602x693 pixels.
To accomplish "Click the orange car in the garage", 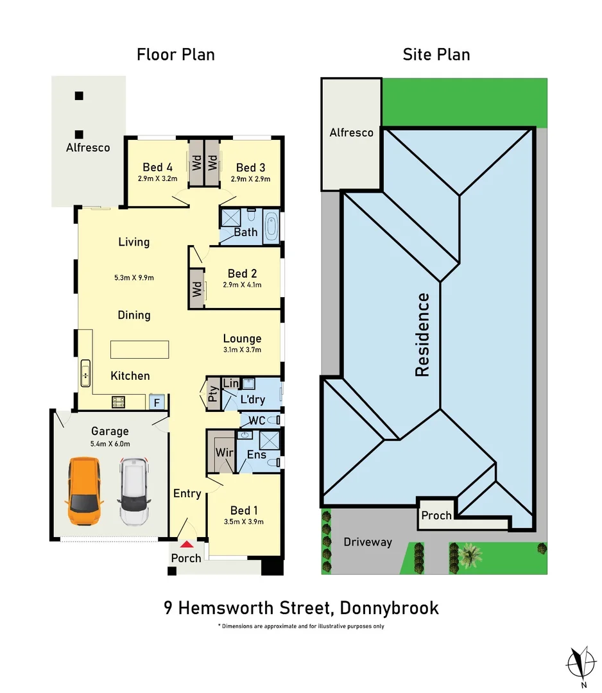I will coord(85,492).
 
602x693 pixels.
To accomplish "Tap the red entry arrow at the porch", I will coord(186,544).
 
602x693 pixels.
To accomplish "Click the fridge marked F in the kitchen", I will coord(155,402).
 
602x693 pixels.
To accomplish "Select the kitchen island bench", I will coord(140,350).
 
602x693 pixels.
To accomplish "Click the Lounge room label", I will coord(242,339).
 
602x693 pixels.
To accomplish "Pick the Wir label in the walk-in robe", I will coord(224,453).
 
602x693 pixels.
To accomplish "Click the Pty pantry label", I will coord(212,393).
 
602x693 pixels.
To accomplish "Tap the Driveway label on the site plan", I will coord(368,542).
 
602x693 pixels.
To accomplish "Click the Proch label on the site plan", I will coord(436,515).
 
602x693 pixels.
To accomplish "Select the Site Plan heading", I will coord(436,55).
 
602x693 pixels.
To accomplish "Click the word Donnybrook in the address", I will coord(390,608).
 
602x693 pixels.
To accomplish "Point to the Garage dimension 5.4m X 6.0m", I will coord(110,444).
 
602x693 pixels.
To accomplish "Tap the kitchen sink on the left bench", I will coord(85,373).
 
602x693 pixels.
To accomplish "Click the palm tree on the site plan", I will coord(470,554).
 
